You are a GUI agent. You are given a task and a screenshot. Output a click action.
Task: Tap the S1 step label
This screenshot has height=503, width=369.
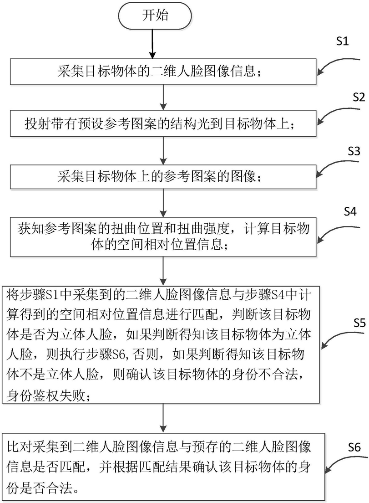[x=342, y=41]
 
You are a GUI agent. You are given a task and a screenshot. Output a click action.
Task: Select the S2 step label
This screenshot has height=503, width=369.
[x=359, y=97]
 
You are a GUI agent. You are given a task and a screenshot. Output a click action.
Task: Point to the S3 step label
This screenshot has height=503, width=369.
[x=354, y=151]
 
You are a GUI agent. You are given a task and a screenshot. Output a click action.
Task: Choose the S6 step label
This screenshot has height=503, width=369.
[x=354, y=447]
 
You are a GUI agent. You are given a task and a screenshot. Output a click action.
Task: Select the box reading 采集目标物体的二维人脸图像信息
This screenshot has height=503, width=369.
[x=163, y=72]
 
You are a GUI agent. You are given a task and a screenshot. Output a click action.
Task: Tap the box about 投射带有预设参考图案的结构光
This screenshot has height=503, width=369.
[x=163, y=123]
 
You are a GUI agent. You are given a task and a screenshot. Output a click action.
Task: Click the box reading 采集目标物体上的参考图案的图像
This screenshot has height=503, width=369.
[x=163, y=176]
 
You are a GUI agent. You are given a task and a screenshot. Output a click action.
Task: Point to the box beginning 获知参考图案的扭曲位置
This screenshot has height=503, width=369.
[x=163, y=237]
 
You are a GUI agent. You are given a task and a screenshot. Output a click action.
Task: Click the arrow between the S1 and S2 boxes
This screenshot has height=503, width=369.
[x=163, y=98]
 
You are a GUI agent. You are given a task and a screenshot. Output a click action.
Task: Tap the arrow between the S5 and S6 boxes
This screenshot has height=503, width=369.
[x=163, y=418]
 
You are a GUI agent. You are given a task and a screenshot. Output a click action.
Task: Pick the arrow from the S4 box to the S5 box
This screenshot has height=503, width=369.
[x=163, y=271]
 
